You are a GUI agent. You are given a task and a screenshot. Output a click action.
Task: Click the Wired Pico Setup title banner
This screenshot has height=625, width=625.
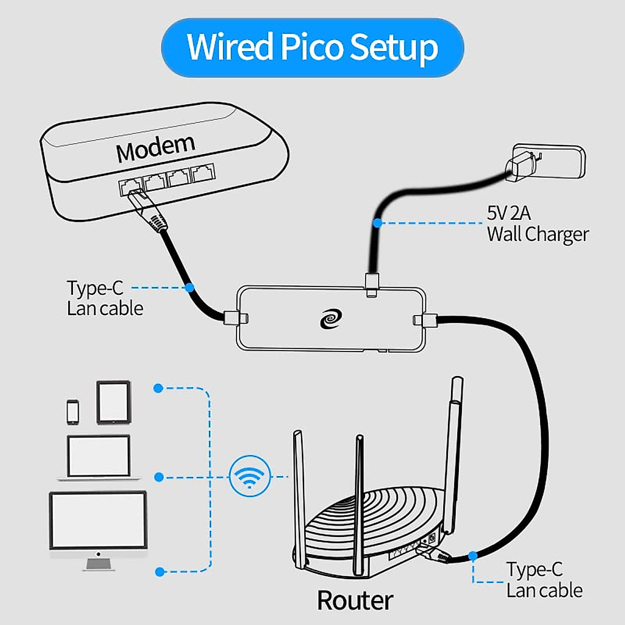click(x=312, y=47)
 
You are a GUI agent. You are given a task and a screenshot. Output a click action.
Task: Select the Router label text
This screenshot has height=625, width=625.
click(x=355, y=601)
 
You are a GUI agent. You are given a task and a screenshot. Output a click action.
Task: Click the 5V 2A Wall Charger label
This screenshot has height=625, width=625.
click(x=537, y=224)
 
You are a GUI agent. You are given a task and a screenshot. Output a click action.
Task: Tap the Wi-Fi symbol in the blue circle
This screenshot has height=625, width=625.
click(x=250, y=476)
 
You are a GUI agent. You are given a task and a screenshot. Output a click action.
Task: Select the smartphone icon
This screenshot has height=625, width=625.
click(x=73, y=411)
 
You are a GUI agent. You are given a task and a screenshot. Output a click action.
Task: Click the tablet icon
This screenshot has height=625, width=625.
click(x=113, y=402)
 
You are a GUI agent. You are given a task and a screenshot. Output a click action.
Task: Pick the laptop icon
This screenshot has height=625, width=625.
click(x=98, y=457)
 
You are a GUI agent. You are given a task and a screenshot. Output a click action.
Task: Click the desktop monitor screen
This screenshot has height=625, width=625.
click(x=98, y=519)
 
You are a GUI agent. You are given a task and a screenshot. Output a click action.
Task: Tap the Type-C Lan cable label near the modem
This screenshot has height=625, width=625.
click(x=104, y=298)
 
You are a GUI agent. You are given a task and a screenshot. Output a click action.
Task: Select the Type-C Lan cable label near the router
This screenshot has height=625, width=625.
click(x=544, y=580)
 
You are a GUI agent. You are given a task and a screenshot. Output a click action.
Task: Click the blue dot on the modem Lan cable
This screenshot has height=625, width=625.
click(x=190, y=287)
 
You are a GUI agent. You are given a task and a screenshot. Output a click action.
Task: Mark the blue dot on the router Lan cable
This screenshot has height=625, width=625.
click(x=472, y=556)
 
